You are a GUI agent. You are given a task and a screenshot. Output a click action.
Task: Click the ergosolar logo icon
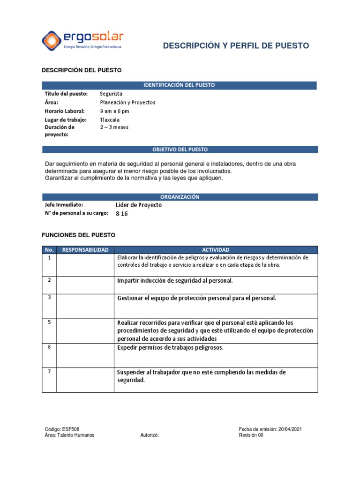52,40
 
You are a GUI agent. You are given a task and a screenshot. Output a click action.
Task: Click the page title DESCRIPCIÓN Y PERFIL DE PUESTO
236,45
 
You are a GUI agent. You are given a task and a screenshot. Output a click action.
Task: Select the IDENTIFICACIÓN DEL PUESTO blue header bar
179,85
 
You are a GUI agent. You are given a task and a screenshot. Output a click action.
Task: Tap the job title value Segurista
111,94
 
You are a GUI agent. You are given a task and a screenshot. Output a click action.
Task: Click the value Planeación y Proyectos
127,102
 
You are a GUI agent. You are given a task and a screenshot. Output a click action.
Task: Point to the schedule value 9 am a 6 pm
114,111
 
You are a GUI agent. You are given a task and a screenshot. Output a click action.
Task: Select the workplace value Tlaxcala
110,120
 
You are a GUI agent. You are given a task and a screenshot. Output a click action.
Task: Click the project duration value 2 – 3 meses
114,127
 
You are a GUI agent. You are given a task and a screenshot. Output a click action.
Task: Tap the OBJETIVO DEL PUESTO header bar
180,150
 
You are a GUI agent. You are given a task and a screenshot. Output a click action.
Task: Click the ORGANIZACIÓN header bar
180,197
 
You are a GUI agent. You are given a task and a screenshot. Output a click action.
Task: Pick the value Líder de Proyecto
138,205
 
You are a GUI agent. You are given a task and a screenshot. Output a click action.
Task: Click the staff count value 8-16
121,214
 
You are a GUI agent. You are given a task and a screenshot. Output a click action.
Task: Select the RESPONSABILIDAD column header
85,250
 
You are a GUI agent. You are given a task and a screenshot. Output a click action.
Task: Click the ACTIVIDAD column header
216,250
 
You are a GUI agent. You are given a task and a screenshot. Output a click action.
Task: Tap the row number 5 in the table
49,322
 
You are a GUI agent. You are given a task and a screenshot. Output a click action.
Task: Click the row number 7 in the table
49,372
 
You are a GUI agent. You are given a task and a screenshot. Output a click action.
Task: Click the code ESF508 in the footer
66,429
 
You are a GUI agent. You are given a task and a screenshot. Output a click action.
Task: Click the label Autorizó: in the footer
150,435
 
